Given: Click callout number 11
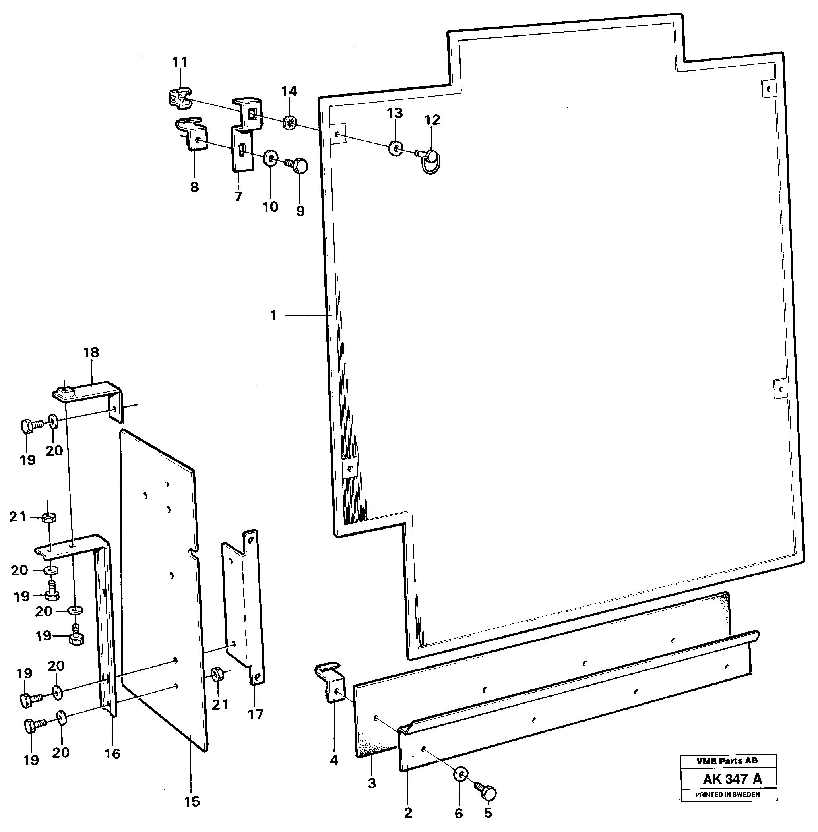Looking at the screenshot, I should (180, 62).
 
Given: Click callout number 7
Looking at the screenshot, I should (238, 197).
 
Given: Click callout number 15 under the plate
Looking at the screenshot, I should (192, 801).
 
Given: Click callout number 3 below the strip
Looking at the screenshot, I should (372, 783).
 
